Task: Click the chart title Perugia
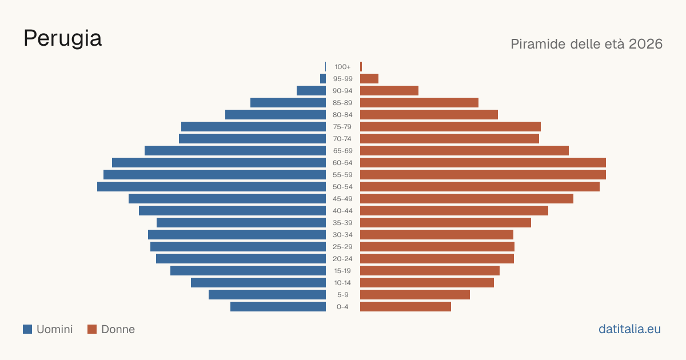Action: [62, 39]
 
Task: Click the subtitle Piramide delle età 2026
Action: [587, 44]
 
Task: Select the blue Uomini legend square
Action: [27, 329]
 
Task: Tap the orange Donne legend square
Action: [92, 329]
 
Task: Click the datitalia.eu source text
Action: [629, 329]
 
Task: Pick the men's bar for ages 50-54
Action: [212, 187]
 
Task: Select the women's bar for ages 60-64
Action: [483, 162]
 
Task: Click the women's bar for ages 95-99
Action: [369, 79]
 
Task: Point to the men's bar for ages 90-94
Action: [311, 91]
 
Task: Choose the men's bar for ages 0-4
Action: [278, 307]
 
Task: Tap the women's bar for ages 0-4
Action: [405, 307]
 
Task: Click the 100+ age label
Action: [342, 67]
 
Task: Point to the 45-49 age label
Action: [342, 199]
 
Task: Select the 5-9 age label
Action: [342, 295]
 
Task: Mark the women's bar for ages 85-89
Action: [419, 102]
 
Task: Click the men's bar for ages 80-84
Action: [276, 114]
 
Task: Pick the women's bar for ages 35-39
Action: [445, 222]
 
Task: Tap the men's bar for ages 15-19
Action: [248, 271]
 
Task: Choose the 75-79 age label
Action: [342, 127]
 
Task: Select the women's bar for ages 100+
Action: [361, 67]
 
